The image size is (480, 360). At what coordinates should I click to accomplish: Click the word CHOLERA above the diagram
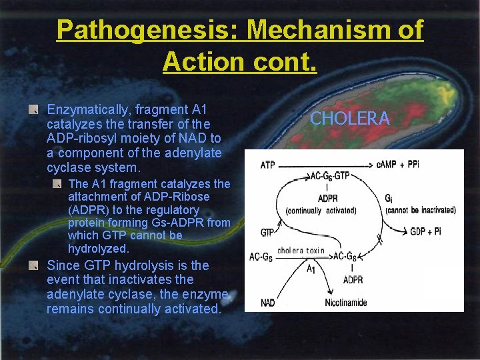click(350, 119)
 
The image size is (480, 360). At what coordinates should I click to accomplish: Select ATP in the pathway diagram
click(267, 165)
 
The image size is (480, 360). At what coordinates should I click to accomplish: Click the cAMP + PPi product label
click(398, 165)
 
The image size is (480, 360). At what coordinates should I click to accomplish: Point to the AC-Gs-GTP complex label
click(330, 177)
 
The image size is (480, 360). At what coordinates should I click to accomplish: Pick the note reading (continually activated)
click(321, 211)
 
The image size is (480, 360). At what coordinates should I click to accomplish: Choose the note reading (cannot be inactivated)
click(421, 210)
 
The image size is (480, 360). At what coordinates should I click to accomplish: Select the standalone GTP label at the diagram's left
click(267, 233)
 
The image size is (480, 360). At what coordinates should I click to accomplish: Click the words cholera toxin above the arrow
click(301, 251)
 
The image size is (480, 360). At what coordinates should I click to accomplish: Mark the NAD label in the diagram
click(268, 303)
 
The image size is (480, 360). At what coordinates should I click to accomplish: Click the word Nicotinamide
click(346, 303)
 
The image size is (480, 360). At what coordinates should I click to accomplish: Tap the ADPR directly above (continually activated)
click(327, 199)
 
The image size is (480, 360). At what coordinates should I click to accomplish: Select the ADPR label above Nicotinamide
click(353, 280)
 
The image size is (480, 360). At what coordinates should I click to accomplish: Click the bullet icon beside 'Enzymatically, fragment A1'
click(32, 109)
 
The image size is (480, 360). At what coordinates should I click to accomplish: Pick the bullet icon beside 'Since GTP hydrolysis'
click(32, 265)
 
